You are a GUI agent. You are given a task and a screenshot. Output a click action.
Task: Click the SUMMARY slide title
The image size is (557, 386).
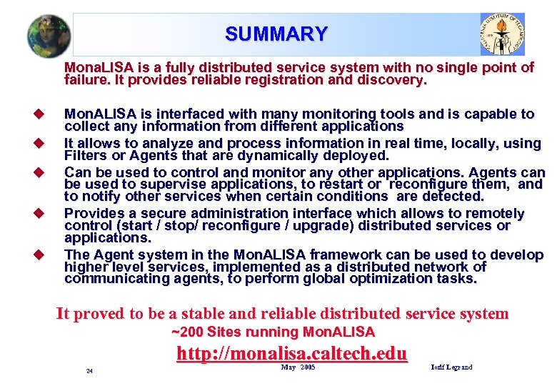pos(276,34)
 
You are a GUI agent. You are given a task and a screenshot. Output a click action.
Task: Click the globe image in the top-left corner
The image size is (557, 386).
pos(49,35)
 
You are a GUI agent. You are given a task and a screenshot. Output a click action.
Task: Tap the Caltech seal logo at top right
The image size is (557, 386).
pos(501,34)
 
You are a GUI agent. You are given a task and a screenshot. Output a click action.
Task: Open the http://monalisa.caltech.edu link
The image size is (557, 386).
pos(291,353)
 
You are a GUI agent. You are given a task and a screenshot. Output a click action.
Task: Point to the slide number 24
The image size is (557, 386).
pos(89,371)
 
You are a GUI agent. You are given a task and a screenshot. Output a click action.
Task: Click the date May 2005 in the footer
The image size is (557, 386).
pos(298,367)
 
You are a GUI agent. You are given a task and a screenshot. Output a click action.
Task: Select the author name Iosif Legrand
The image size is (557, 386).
pos(451,367)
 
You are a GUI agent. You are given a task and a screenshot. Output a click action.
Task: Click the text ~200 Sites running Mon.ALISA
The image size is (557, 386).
pos(274,332)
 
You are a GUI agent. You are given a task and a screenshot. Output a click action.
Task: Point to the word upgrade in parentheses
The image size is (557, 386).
pos(324,226)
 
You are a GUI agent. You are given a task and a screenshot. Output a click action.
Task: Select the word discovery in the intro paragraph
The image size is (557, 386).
pos(394,80)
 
